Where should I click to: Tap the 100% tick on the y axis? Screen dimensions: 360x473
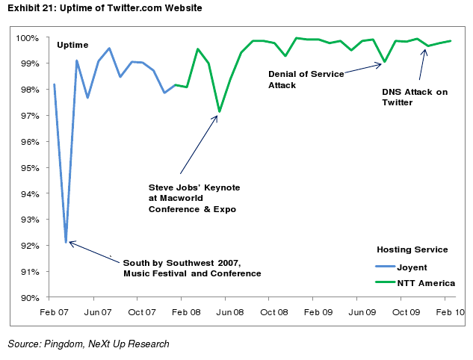pyautogui.click(x=30, y=38)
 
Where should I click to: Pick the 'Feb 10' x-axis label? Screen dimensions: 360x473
pyautogui.click(x=448, y=311)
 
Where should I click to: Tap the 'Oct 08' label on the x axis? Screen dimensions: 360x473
pyautogui.click(x=273, y=311)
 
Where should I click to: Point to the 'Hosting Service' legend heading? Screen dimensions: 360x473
pyautogui.click(x=412, y=249)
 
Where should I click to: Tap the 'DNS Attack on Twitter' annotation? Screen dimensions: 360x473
pyautogui.click(x=415, y=97)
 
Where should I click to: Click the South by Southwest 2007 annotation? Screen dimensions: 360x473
pyautogui.click(x=192, y=268)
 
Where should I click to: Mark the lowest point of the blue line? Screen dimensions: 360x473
pyautogui.click(x=66, y=242)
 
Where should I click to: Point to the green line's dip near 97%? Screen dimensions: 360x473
pyautogui.click(x=219, y=112)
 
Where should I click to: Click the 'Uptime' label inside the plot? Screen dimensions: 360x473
pyautogui.click(x=72, y=46)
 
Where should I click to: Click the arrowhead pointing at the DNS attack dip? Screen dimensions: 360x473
pyautogui.click(x=424, y=51)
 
